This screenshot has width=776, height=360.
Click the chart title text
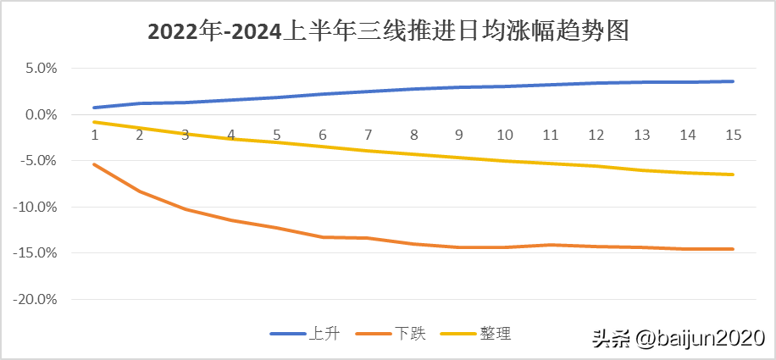(x=388, y=31)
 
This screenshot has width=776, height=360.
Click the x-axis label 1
(x=93, y=135)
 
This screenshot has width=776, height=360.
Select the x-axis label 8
(x=413, y=135)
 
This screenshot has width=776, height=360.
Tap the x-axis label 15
(x=734, y=135)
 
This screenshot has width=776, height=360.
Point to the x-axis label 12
(x=596, y=135)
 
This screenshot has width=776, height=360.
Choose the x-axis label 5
(x=276, y=135)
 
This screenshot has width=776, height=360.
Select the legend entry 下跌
(x=409, y=334)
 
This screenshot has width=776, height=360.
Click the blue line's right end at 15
(x=734, y=81)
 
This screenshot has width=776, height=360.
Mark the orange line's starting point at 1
(x=93, y=164)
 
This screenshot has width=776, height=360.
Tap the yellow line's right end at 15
(x=734, y=174)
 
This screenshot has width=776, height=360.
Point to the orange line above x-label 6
(x=322, y=237)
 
